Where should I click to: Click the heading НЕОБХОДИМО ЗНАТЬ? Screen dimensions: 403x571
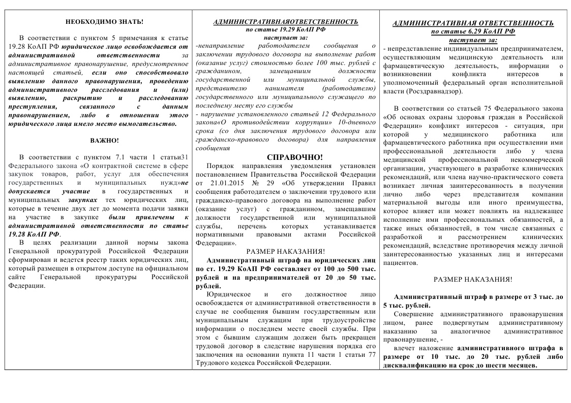[104, 22]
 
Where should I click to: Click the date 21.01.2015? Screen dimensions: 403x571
[223, 182]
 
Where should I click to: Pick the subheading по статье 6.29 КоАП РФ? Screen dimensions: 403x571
[473, 31]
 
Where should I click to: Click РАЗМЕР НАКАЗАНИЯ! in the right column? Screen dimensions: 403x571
[473, 279]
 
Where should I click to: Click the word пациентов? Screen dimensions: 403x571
[402, 263]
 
